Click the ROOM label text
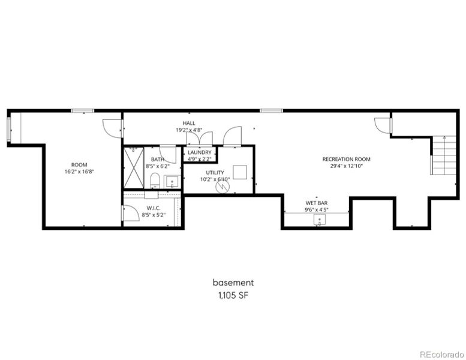[x=79, y=164]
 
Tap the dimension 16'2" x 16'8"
[x=79, y=171]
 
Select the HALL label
[x=189, y=123]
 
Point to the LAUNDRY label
[x=199, y=152]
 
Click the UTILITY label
[x=215, y=172]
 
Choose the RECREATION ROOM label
[x=346, y=159]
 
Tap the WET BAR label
[x=316, y=203]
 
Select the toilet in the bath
[x=155, y=180]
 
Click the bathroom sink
[x=172, y=182]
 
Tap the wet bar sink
[x=318, y=220]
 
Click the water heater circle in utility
[x=223, y=187]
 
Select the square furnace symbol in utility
[x=240, y=172]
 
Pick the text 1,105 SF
[x=233, y=295]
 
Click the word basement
[x=233, y=282]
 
